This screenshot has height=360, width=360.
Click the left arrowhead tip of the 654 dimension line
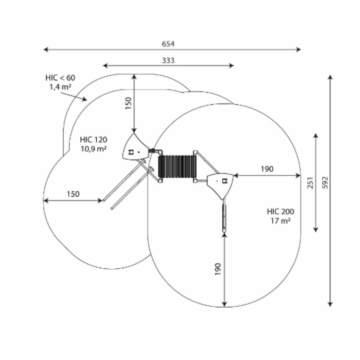pos(44,49)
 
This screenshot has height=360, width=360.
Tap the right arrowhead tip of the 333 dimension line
pos(234,66)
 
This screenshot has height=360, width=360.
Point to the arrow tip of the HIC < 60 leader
pos(87,100)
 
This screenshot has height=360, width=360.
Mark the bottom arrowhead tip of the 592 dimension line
pos(330,307)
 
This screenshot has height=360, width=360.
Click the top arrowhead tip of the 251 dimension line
pos(316,133)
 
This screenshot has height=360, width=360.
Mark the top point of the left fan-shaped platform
pos(134,133)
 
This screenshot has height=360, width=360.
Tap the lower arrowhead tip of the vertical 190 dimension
pos(224,307)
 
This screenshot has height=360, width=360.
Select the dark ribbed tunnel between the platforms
pos(177,166)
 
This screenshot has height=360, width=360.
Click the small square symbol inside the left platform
pos(131,152)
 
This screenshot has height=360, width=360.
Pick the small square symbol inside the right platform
pos(224,181)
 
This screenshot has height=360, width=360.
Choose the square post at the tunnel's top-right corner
pos(195,152)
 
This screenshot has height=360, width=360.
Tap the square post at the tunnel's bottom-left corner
pos(160,181)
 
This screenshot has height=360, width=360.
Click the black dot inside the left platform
pos(138,152)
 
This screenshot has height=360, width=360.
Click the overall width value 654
pos(168,44)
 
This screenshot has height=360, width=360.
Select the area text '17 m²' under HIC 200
pos(280,221)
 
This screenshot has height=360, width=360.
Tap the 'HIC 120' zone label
pos(94,140)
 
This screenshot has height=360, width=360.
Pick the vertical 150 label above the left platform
pos(128,103)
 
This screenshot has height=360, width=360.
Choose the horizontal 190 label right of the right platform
pos(267,169)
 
